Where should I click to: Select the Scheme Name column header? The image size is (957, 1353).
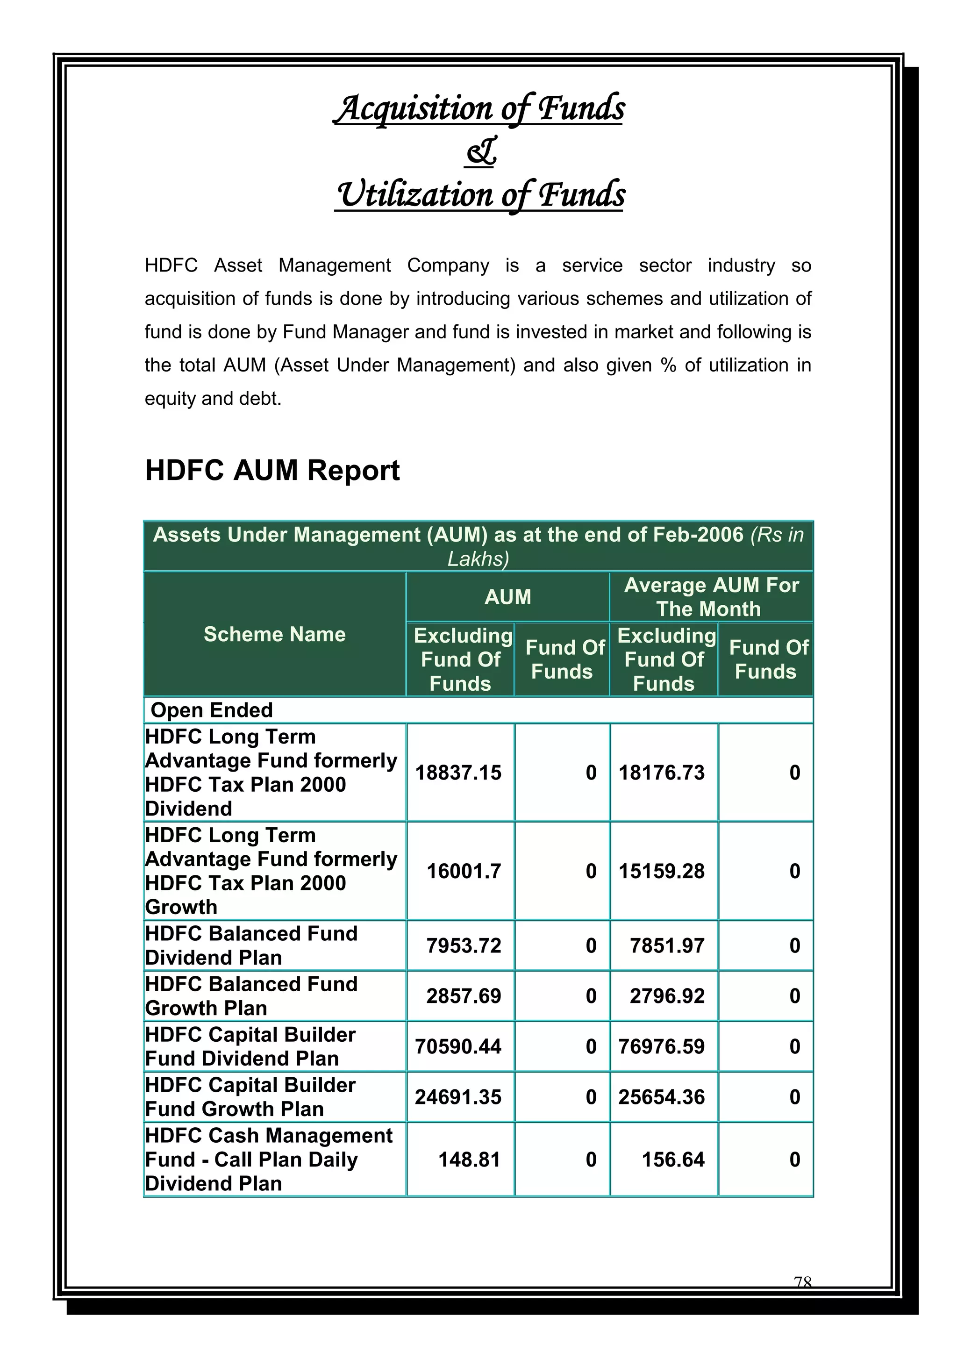pos(275,635)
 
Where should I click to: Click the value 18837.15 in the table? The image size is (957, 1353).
pos(458,773)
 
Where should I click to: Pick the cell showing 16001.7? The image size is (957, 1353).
pos(463,871)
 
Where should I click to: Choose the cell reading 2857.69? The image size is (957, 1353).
pos(463,996)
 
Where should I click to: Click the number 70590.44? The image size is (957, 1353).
pos(458,1046)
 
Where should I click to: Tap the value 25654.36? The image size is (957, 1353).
pos(661,1097)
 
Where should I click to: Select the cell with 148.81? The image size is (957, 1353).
pos(469,1160)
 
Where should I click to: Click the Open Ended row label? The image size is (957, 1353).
pos(212,710)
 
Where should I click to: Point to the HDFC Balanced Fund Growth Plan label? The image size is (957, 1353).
pos(251,996)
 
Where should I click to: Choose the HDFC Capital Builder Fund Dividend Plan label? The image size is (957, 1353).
pos(250,1046)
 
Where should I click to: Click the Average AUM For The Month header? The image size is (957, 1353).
pos(711,597)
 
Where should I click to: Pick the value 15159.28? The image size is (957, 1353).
pos(661,871)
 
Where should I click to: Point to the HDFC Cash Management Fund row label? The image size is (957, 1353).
pos(268,1160)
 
